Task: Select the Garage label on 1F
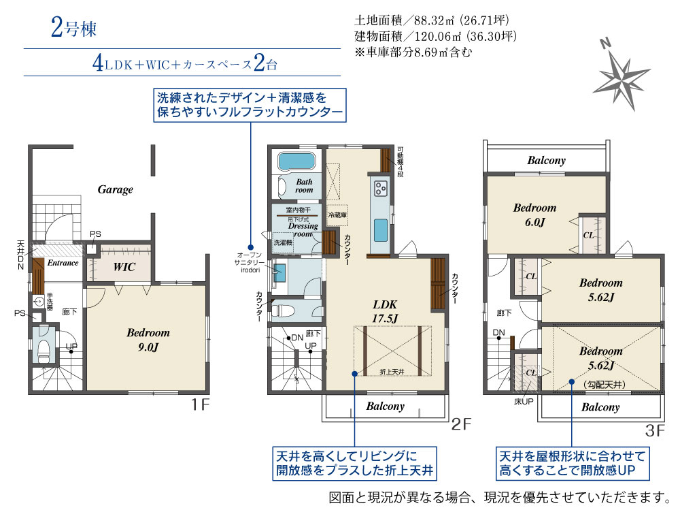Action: [116, 189]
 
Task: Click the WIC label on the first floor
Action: [124, 267]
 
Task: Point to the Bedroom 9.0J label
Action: [148, 340]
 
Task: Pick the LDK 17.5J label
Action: [385, 311]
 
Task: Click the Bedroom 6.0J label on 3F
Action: [534, 215]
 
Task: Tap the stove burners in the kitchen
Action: [381, 189]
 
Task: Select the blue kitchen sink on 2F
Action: [381, 230]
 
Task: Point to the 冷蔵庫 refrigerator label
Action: [337, 215]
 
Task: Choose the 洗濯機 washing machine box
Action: [283, 243]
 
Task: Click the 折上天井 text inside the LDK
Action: [392, 371]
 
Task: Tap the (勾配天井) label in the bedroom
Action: [605, 385]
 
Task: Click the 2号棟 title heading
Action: [73, 28]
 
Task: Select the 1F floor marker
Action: [201, 405]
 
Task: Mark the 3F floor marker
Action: [655, 430]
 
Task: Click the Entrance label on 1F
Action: [63, 263]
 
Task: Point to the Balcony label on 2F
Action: [385, 407]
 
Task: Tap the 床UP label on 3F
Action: [524, 402]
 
